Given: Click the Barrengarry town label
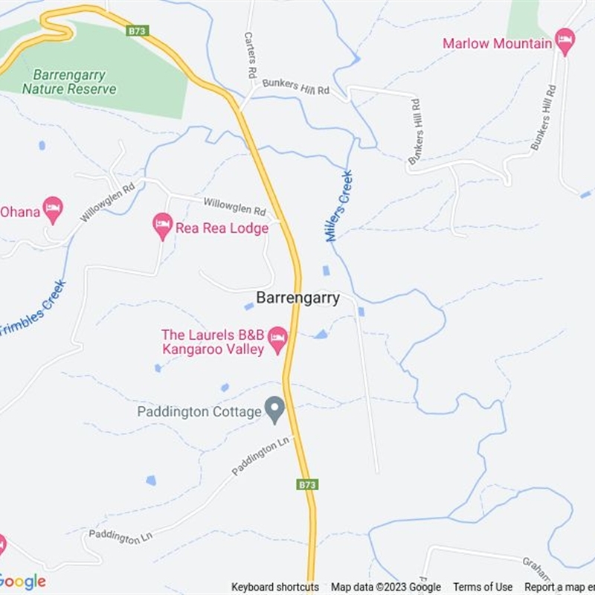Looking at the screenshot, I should [x=297, y=298].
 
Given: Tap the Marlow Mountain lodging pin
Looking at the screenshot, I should [x=565, y=42].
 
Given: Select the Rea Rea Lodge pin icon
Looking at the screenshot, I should [x=163, y=226].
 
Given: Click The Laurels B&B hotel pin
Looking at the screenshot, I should [x=277, y=340].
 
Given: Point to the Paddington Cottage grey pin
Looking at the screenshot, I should [x=275, y=410].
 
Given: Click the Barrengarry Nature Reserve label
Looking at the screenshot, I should [x=69, y=83].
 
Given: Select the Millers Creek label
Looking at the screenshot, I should [x=338, y=206].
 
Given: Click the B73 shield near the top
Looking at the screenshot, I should [x=138, y=30].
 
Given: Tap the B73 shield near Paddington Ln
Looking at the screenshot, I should [x=307, y=484].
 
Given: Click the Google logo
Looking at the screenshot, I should [x=22, y=582].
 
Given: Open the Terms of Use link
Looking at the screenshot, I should [x=483, y=588].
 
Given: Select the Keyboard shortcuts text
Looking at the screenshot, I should [x=275, y=588].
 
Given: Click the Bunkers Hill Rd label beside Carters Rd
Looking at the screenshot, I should [x=295, y=89].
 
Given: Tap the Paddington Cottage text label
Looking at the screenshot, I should [x=199, y=411].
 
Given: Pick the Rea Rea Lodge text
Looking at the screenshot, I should [x=222, y=228].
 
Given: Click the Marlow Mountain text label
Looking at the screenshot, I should [x=497, y=43].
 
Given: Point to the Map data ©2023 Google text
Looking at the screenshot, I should [x=386, y=588].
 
